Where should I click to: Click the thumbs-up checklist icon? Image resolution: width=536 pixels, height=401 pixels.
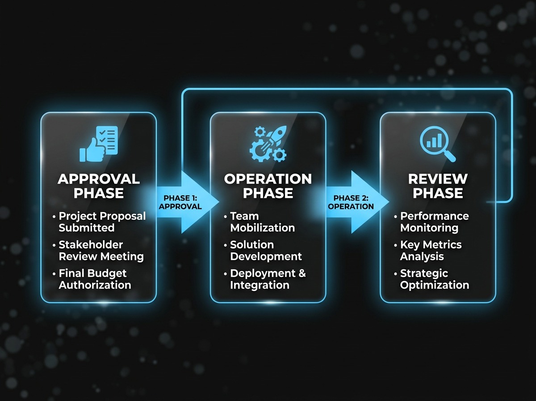(99, 143)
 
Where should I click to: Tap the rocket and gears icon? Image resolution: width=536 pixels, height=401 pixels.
(268, 143)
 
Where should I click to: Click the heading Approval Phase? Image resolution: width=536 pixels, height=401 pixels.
(99, 186)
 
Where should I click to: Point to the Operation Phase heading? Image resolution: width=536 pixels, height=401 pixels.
(268, 186)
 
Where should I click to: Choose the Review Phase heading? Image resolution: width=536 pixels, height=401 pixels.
(438, 186)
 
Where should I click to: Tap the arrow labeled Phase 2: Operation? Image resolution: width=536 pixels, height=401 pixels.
(353, 202)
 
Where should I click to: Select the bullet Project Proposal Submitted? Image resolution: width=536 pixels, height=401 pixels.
(102, 222)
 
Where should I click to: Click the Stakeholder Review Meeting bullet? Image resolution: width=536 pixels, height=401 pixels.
(101, 251)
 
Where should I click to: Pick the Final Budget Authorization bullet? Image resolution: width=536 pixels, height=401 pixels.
(95, 279)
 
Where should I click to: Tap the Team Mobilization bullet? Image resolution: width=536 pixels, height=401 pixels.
(262, 222)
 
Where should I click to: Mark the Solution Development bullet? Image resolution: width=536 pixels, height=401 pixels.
(266, 251)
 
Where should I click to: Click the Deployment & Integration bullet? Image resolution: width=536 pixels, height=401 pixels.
(268, 279)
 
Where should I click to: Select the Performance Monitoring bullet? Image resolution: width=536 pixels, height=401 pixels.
(434, 222)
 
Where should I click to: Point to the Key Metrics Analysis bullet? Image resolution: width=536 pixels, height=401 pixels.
(431, 251)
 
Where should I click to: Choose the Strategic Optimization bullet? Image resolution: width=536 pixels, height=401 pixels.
(434, 279)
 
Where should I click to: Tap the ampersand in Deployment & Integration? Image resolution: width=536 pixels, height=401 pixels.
(301, 273)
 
